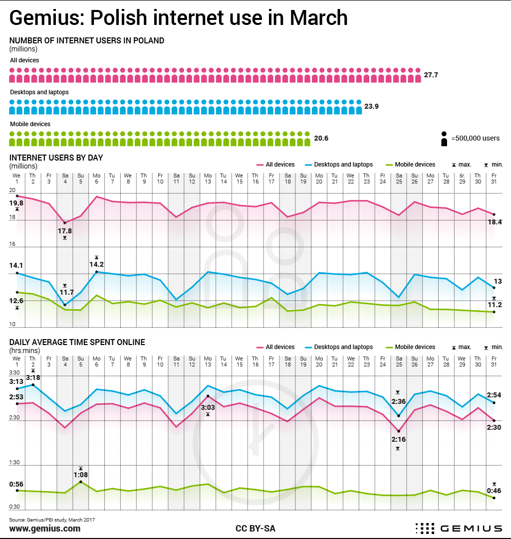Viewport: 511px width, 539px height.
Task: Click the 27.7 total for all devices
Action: [431, 75]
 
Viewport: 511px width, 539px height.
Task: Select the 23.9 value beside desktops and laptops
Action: [371, 106]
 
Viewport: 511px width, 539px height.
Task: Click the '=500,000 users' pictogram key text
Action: [475, 138]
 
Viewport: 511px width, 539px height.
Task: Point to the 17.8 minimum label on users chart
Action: [65, 231]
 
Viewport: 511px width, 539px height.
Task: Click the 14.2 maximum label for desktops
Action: [96, 264]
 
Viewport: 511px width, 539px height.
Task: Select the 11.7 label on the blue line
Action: [67, 292]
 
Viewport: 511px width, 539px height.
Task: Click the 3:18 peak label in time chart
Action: [33, 377]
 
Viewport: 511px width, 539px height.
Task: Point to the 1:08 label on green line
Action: [80, 475]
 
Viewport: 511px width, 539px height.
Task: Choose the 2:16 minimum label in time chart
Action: [398, 439]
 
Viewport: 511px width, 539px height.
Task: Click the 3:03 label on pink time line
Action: [208, 407]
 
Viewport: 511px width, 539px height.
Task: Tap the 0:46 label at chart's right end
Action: [494, 491]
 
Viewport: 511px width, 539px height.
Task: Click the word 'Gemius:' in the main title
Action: [42, 18]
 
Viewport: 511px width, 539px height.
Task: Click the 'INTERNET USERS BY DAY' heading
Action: [56, 158]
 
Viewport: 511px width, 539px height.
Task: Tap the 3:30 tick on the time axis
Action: [14, 373]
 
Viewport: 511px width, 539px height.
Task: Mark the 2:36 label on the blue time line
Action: [398, 401]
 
